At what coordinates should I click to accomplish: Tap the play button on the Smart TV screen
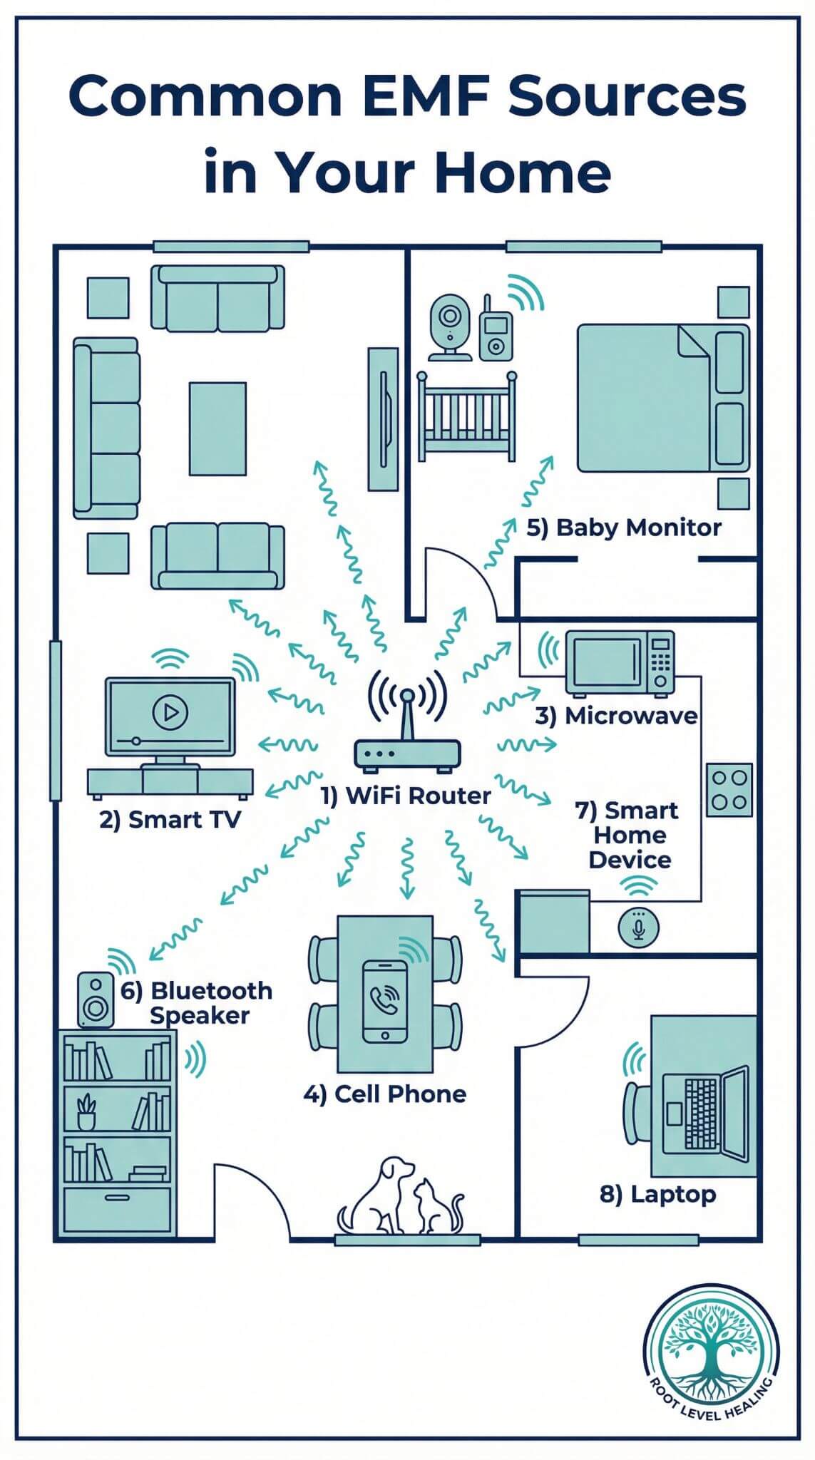[170, 711]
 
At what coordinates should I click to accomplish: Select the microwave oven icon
[620, 662]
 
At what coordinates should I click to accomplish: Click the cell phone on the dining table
[385, 1001]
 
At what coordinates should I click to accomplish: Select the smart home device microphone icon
[639, 927]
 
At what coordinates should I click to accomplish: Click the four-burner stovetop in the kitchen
[729, 789]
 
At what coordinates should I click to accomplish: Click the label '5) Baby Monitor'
[624, 528]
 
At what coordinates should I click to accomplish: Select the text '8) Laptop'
[657, 1194]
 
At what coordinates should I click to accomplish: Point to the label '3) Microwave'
[616, 716]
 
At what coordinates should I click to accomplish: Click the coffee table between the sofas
[217, 428]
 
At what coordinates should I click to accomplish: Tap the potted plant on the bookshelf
[86, 1112]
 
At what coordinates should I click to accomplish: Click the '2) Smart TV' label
[170, 820]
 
